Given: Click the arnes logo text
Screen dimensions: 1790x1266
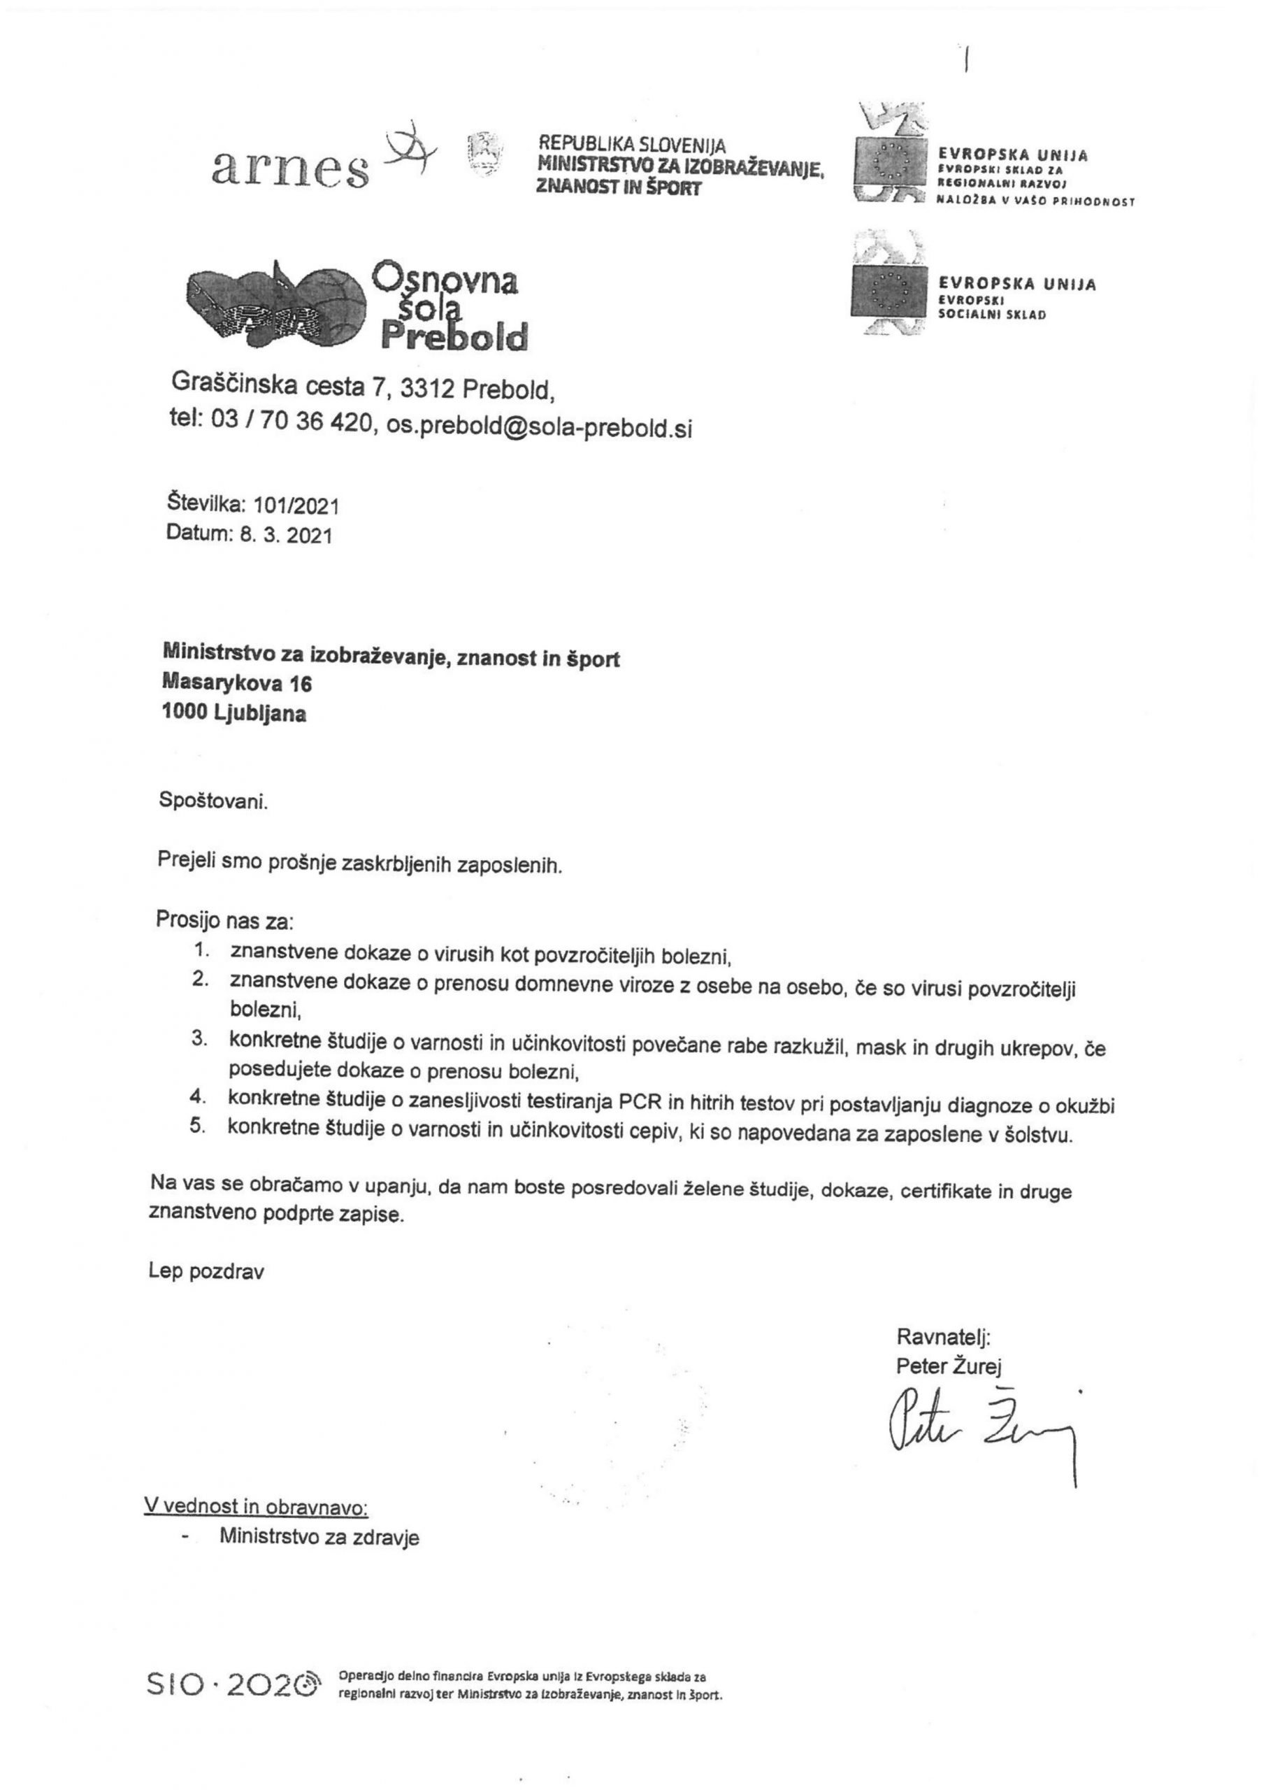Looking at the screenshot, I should [290, 168].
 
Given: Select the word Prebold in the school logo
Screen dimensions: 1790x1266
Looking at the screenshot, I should [454, 337].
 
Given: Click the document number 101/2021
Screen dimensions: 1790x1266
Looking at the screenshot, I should [296, 506].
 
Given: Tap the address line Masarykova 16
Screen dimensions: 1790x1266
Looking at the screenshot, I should [237, 684].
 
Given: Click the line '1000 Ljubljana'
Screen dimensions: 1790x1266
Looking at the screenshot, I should [234, 713].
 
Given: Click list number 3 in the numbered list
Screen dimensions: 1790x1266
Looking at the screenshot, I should [199, 1039].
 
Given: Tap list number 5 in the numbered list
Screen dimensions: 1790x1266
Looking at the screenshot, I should [198, 1126].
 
